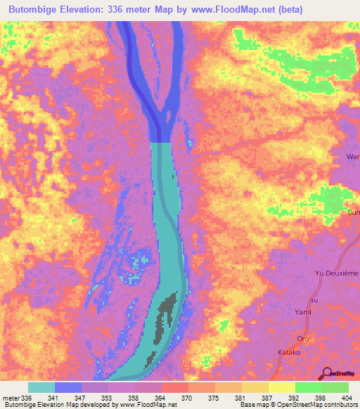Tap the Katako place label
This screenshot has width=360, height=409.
(288, 351)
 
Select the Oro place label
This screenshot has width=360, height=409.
(304, 337)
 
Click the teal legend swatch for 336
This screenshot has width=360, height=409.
(41, 387)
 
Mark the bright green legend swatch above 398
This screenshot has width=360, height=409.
(309, 387)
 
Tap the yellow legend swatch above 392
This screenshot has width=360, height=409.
(282, 387)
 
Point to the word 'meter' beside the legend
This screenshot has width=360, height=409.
(11, 398)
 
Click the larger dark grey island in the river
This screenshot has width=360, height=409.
(167, 316)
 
